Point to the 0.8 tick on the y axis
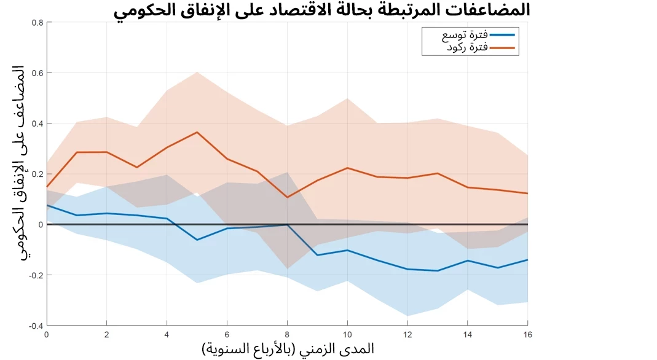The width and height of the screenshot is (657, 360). [37, 23]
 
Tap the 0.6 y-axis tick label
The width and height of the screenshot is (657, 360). [37, 73]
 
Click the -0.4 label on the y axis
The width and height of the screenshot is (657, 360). [36, 326]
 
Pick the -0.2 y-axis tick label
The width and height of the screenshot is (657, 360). [36, 275]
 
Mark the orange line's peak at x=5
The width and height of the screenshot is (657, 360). [197, 132]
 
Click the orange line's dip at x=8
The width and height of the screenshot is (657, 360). [287, 197]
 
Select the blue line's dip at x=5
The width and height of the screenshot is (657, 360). [197, 240]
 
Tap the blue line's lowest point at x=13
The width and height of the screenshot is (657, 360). [438, 270]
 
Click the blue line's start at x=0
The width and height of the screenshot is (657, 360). [47, 205]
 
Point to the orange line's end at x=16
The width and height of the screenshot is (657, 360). [527, 194]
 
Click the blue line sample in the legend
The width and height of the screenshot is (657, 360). [503, 35]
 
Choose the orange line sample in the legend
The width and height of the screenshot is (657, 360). [503, 47]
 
